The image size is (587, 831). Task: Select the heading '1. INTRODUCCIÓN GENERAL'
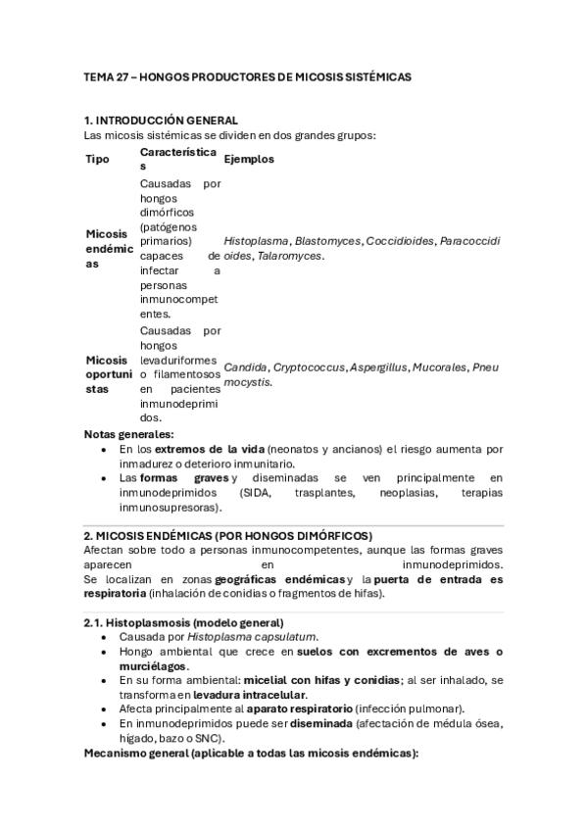(161, 120)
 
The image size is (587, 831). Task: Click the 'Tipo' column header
(98, 160)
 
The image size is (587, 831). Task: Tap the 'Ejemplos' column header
(249, 160)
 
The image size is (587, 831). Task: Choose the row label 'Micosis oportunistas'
(109, 375)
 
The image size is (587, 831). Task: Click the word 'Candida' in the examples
(245, 367)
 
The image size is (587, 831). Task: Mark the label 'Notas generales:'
(129, 434)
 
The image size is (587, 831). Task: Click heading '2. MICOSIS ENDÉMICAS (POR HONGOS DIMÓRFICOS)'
(228, 536)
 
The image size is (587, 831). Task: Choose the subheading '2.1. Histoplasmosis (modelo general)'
(184, 623)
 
